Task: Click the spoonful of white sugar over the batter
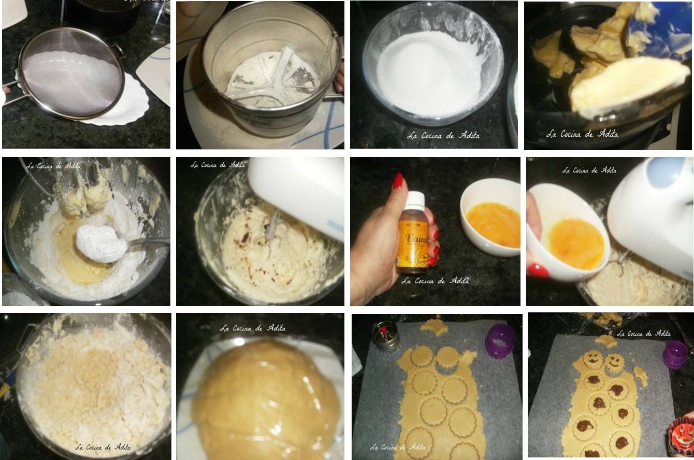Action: pyautogui.click(x=100, y=243)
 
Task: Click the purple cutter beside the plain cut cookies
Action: pyautogui.click(x=500, y=340)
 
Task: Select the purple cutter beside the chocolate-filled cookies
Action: pyautogui.click(x=675, y=354)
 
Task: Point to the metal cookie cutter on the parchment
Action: pyautogui.click(x=386, y=336)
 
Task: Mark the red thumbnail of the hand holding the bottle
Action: pyautogui.click(x=398, y=181)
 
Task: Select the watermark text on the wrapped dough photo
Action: pyautogui.click(x=252, y=328)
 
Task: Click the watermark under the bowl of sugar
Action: pyautogui.click(x=443, y=136)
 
